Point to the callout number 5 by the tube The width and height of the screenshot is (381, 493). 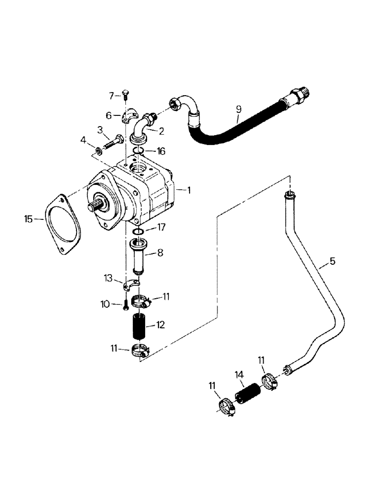pos(332,261)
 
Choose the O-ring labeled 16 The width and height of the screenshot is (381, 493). pos(139,151)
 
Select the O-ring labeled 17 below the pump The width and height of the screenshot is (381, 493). pos(138,231)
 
